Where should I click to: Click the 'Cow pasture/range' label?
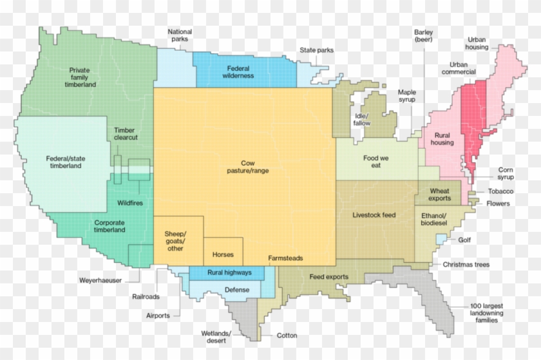click(x=247, y=167)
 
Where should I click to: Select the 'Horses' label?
click(x=223, y=255)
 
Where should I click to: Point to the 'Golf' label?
click(x=464, y=240)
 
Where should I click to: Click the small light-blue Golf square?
click(x=442, y=239)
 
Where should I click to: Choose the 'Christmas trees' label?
click(x=466, y=265)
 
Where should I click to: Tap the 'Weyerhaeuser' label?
click(x=100, y=281)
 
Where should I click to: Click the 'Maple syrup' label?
click(x=406, y=96)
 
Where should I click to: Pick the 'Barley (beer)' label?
click(x=424, y=36)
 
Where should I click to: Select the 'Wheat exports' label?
click(x=440, y=194)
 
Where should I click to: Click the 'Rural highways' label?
click(x=225, y=273)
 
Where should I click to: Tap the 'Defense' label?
click(x=237, y=290)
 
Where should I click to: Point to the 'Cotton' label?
click(x=287, y=336)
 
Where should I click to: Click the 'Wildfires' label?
click(x=130, y=204)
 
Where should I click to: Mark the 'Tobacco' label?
click(x=500, y=192)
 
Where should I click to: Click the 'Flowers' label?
click(x=498, y=204)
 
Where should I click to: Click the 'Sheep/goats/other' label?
click(x=175, y=241)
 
